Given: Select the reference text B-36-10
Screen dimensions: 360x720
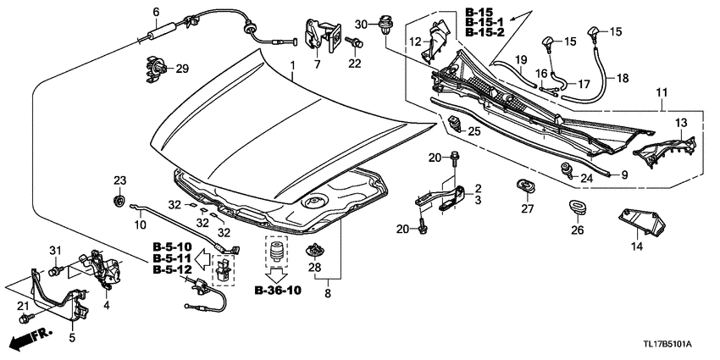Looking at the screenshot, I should tap(276, 290).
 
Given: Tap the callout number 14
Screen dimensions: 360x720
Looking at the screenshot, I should tap(637, 246).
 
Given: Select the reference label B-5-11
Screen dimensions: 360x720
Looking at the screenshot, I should tap(173, 258).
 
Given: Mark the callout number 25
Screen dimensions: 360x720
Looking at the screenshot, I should tap(474, 131).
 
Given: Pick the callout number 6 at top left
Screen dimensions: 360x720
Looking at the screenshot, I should tap(156, 11).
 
